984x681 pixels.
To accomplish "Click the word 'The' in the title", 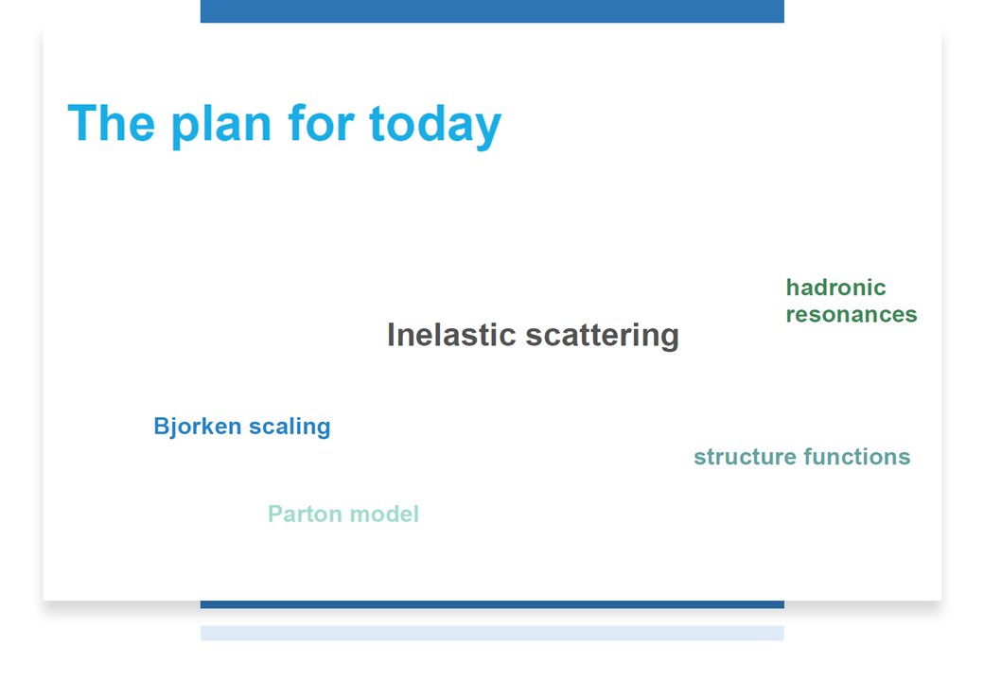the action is click(x=111, y=123).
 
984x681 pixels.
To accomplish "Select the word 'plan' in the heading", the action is click(x=221, y=127).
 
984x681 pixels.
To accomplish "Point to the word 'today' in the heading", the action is click(x=435, y=127).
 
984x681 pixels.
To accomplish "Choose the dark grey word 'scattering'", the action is click(x=603, y=336).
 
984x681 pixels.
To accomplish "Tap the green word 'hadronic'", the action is click(x=835, y=288).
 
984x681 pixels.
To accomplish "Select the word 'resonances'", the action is click(x=852, y=314).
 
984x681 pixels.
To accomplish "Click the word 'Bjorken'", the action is click(x=198, y=427).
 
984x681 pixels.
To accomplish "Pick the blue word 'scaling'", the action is click(x=290, y=428).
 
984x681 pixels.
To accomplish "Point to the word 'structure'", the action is click(x=745, y=457).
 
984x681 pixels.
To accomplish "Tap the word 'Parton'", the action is click(x=306, y=515).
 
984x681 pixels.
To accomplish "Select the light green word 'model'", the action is click(x=384, y=515).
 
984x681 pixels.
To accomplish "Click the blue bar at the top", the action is click(x=492, y=11).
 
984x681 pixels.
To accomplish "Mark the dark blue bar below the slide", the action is click(x=492, y=604).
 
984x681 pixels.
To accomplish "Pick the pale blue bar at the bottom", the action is click(x=492, y=634).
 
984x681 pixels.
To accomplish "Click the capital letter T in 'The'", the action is click(x=82, y=123).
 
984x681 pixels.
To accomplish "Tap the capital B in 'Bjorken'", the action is click(x=161, y=426).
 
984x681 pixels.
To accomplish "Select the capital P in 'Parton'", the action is click(x=276, y=514).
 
